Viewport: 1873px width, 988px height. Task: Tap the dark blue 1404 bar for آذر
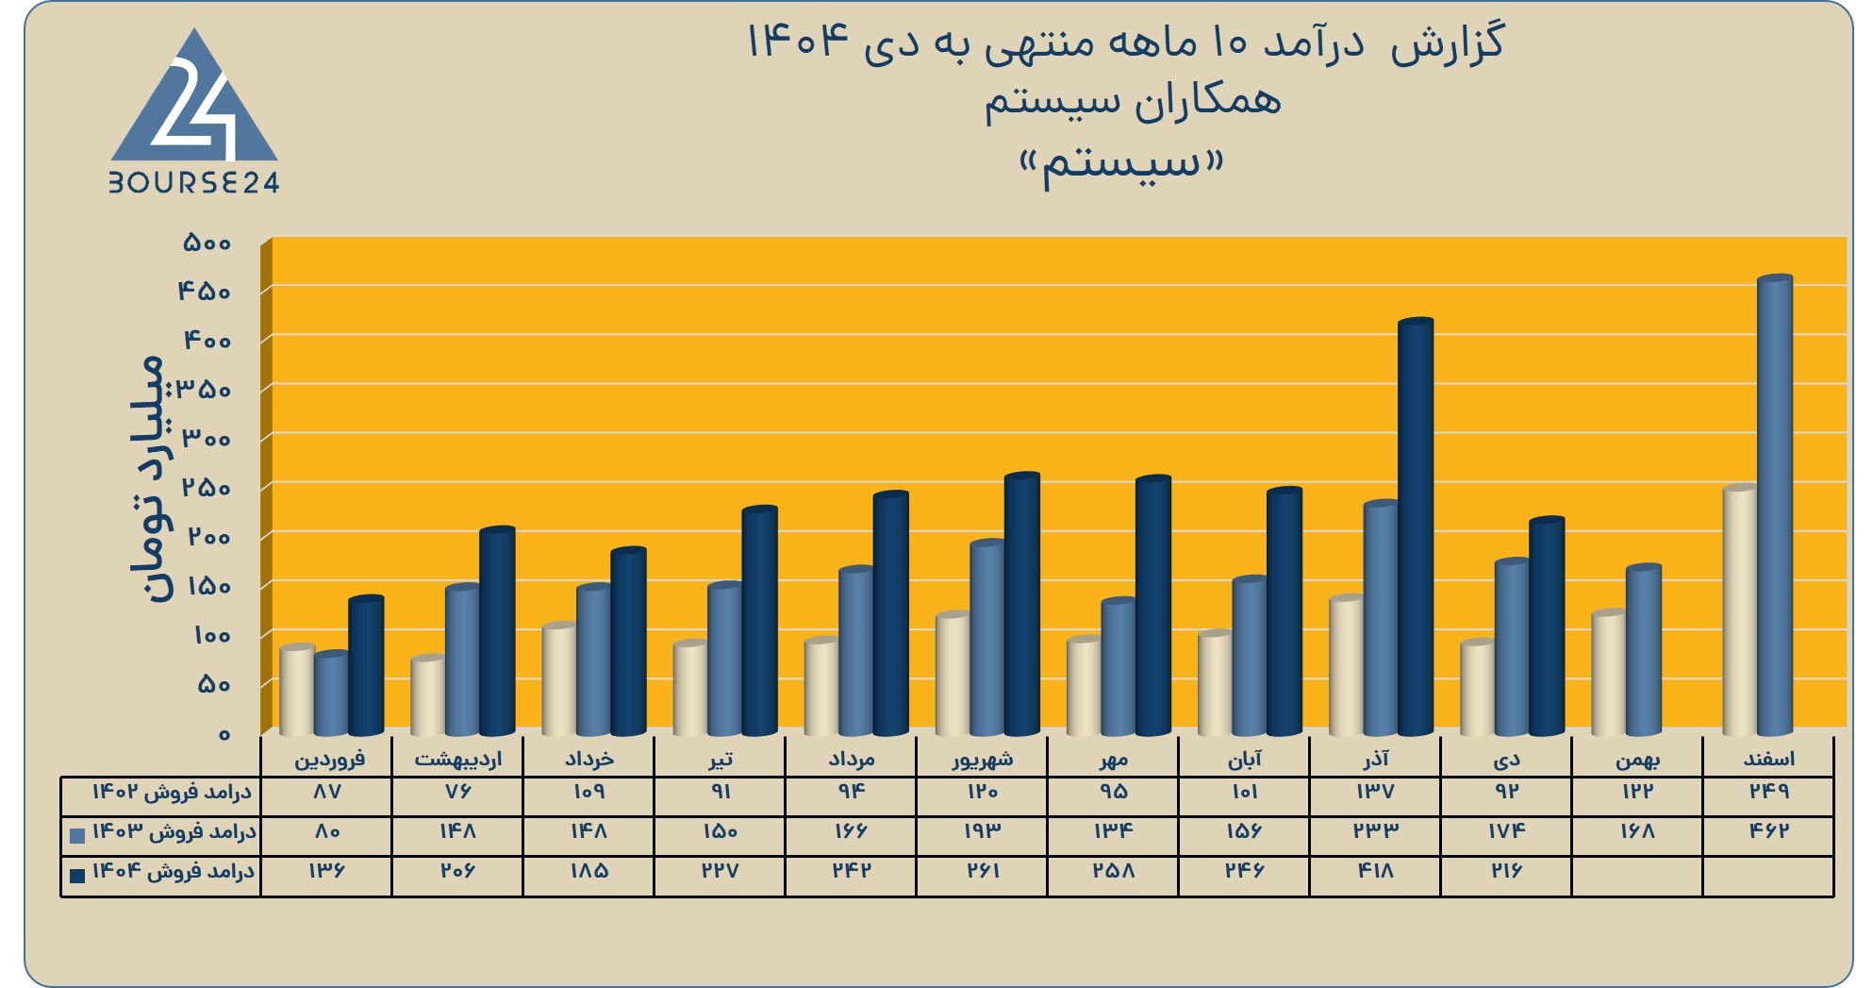tap(1416, 527)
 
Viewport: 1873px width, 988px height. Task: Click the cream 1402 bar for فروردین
tap(297, 690)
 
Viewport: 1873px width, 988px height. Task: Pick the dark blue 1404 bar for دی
tap(1547, 627)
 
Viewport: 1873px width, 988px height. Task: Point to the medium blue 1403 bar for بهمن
tap(1644, 650)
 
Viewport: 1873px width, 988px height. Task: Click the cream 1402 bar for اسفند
tap(1740, 611)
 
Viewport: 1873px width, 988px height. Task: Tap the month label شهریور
tap(982, 759)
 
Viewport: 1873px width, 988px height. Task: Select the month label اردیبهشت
tap(458, 759)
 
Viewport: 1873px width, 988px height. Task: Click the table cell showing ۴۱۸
tap(1375, 870)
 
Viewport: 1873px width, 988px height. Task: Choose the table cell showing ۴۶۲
tap(1768, 830)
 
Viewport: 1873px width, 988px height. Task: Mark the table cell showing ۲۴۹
tap(1768, 791)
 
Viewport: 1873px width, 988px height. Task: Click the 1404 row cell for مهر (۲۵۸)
tap(1113, 870)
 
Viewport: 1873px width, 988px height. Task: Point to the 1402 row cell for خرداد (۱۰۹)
tap(588, 791)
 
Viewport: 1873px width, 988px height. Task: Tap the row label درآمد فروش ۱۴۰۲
tap(173, 792)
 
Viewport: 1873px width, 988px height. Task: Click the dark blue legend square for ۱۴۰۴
tap(77, 875)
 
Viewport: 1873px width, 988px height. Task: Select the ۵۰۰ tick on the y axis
tap(207, 243)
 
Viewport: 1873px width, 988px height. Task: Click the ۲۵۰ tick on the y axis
tap(207, 488)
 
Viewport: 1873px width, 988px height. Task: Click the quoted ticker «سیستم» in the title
tap(1122, 165)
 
